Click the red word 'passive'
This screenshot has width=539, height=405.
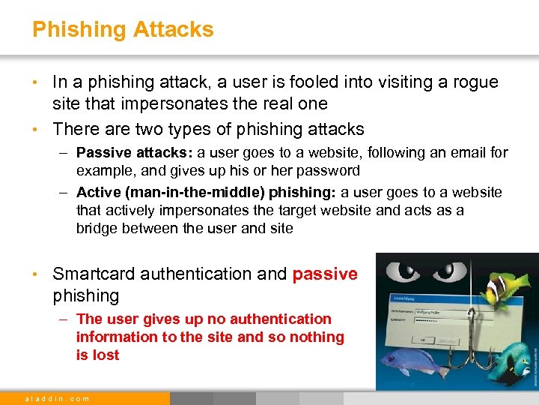[325, 274]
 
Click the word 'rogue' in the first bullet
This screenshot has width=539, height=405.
[477, 82]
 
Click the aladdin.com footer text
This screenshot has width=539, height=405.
[57, 398]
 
